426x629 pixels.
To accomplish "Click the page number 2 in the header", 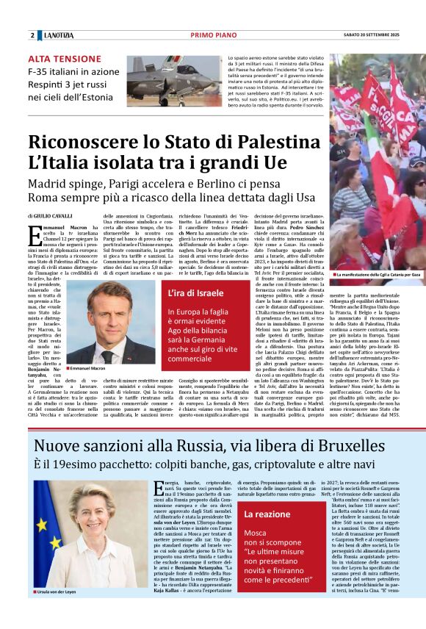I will point(32,35).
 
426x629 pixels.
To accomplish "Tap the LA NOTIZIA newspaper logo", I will point(59,35).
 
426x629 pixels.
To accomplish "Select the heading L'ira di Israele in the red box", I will point(189,294).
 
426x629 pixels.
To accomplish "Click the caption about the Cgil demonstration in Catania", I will point(377,275).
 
